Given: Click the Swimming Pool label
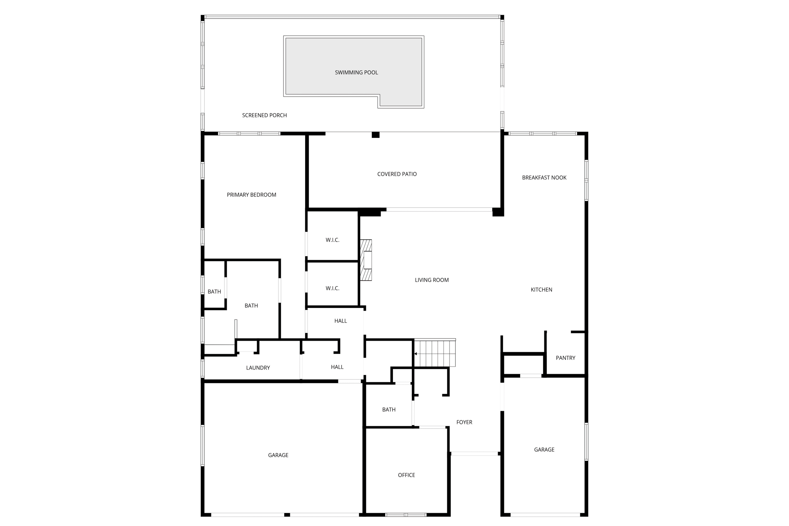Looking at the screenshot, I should (x=356, y=72).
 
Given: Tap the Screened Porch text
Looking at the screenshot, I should (x=264, y=115).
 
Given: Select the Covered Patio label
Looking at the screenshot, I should (x=397, y=174).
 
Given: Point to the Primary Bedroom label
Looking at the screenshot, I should (x=251, y=195).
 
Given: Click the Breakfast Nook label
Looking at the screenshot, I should (x=544, y=178).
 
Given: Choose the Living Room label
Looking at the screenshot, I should (x=431, y=280).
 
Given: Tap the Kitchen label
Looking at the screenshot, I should (x=541, y=290).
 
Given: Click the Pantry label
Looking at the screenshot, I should (x=565, y=358).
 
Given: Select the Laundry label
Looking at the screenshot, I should (x=258, y=368).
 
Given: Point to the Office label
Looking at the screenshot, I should (x=406, y=475).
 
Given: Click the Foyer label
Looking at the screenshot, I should (x=464, y=422).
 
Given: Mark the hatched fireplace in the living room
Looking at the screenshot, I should (x=366, y=260).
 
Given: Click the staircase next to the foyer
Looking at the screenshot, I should (x=435, y=353).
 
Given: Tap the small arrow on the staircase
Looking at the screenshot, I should (x=416, y=354).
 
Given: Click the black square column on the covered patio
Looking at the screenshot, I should (x=375, y=135).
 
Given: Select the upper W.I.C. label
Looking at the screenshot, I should (x=332, y=240).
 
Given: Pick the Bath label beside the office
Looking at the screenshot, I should (x=389, y=410).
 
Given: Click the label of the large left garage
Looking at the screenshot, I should (x=278, y=455).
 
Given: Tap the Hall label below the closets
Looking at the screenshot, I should (x=341, y=321).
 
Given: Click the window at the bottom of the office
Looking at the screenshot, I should (x=406, y=515).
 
